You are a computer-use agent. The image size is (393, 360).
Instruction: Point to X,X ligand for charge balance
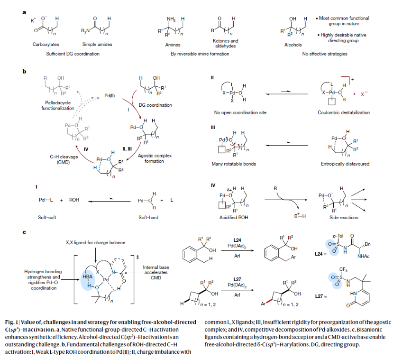pos(89,243)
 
